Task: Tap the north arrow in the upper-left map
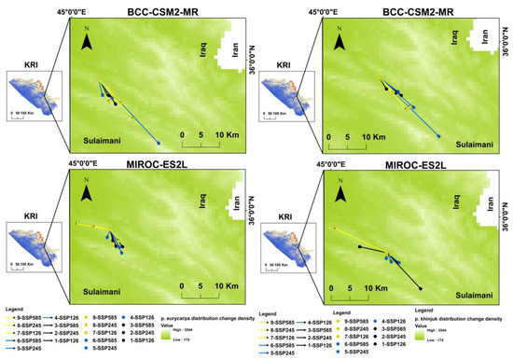87,42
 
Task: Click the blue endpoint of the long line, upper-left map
159,143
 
